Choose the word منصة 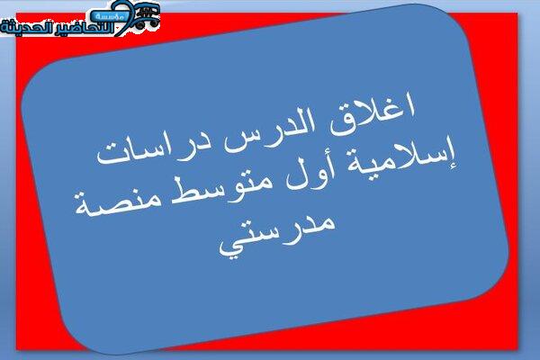(x=118, y=202)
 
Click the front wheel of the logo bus (x=139, y=25)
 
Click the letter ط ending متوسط (x=182, y=190)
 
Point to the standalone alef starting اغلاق (x=409, y=107)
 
